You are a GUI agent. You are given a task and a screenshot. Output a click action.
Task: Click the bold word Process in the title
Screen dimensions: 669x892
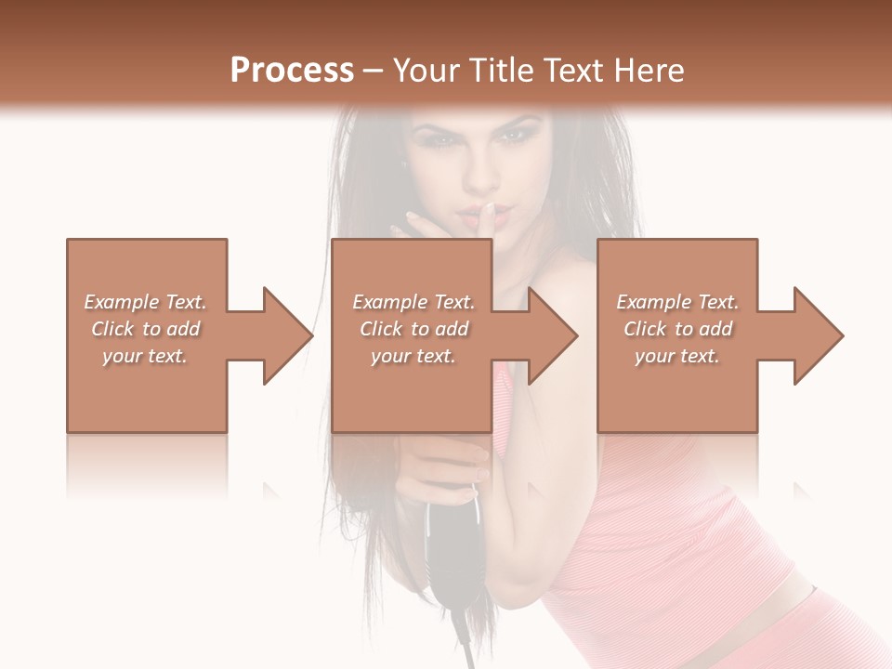292,71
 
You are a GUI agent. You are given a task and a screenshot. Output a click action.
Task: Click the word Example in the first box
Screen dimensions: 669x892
122,302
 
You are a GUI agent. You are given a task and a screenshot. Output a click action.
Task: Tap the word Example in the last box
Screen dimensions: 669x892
654,302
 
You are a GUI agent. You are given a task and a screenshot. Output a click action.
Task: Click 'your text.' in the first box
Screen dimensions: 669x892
145,356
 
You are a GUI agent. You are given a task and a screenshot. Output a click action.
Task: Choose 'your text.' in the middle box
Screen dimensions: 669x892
413,356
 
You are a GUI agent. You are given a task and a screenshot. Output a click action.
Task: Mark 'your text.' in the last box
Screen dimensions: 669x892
677,356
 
